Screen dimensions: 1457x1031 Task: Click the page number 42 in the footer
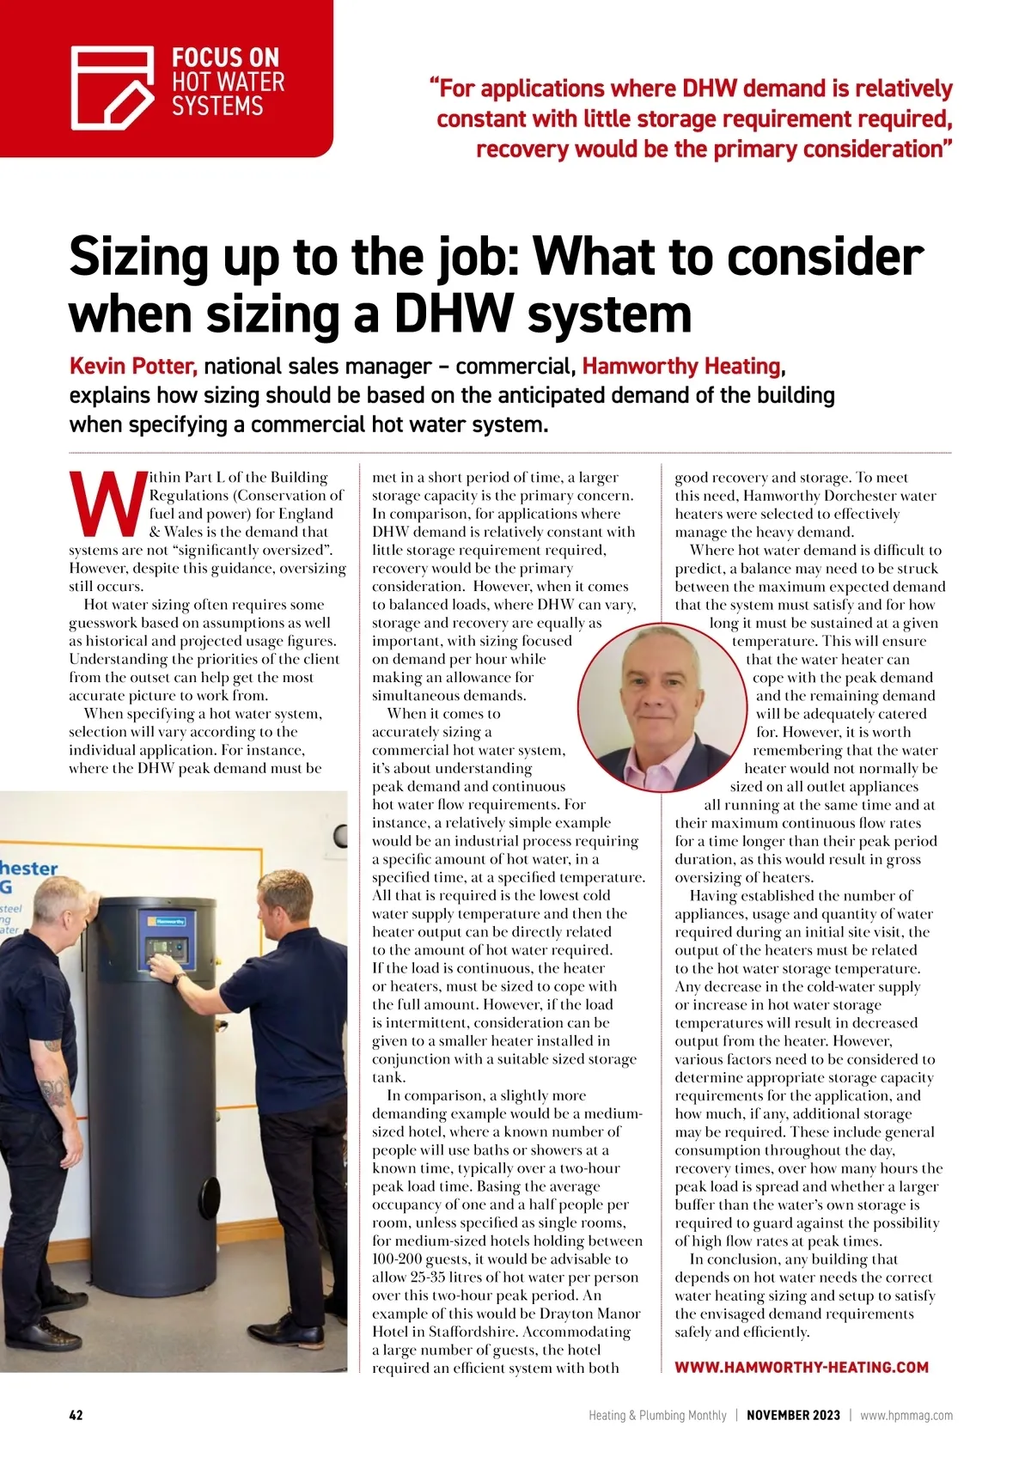click(76, 1415)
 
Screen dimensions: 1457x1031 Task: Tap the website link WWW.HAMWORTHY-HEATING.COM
click(801, 1367)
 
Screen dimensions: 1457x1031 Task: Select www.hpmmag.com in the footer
click(906, 1415)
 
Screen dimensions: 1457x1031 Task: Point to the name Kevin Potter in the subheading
click(133, 367)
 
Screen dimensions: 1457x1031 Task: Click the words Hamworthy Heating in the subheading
click(681, 367)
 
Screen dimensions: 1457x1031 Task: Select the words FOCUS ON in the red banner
click(225, 58)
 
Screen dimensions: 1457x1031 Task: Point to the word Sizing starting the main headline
click(139, 257)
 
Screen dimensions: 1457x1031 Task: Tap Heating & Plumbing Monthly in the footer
click(657, 1415)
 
